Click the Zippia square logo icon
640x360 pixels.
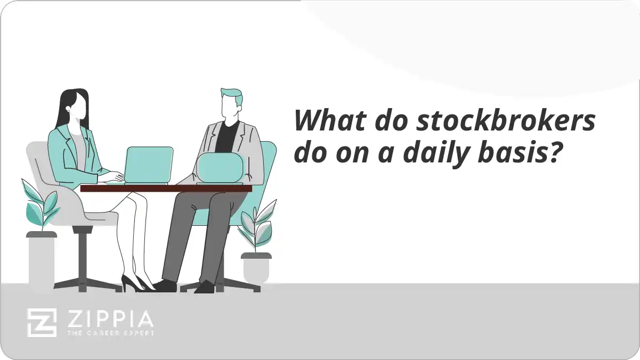click(42, 323)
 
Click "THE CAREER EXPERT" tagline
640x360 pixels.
click(110, 333)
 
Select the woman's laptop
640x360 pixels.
click(149, 165)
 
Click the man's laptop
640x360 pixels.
click(221, 167)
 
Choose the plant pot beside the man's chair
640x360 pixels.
click(256, 266)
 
